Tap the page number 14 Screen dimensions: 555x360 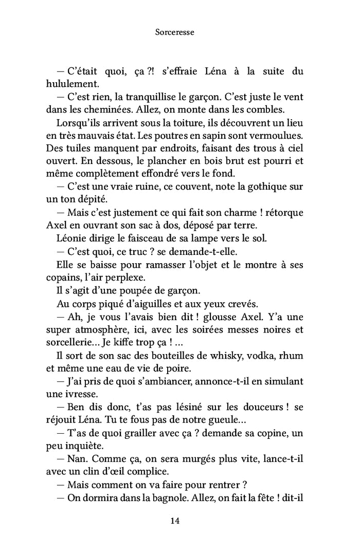pos(175,521)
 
